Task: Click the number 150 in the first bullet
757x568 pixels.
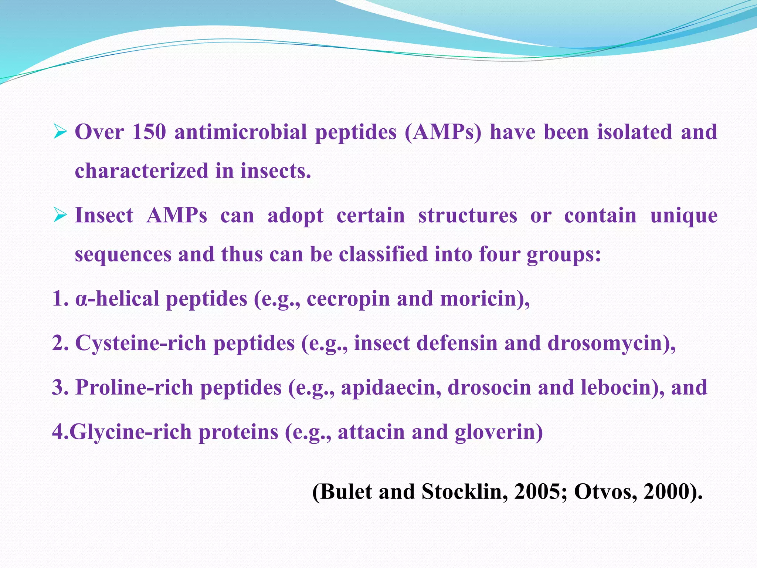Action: (x=149, y=132)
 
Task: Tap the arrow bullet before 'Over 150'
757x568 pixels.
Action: (x=60, y=132)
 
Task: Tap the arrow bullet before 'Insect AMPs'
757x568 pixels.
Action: (x=60, y=215)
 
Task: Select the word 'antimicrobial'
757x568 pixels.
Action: (x=241, y=132)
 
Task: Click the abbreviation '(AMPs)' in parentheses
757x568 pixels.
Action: (x=443, y=132)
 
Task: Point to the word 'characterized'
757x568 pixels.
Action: (x=142, y=171)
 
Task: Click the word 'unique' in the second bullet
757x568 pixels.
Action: (x=683, y=216)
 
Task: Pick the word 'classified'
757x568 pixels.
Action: (x=383, y=254)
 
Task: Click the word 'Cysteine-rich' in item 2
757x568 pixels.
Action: (x=140, y=343)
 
